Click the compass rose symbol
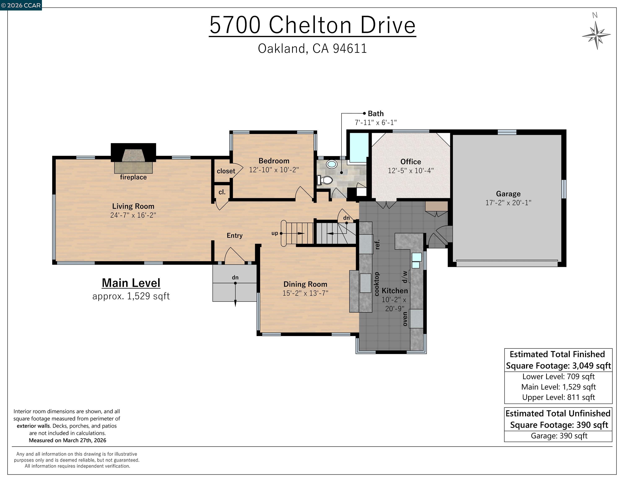[596, 35]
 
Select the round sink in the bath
[332, 164]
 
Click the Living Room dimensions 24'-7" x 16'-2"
[133, 215]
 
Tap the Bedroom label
[274, 161]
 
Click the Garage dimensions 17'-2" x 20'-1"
[508, 203]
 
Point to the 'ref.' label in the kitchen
[377, 244]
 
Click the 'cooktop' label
[377, 284]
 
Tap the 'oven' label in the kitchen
[405, 319]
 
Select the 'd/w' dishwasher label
[404, 277]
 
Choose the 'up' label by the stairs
[274, 233]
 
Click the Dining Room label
[305, 284]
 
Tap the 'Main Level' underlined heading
[131, 283]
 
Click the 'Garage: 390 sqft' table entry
[559, 436]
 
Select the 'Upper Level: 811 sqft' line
[558, 397]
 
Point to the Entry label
[234, 235]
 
